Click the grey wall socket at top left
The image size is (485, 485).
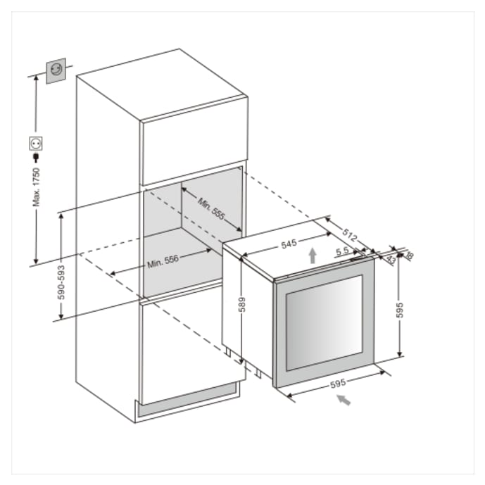[56, 71]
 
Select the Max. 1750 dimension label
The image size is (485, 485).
[36, 187]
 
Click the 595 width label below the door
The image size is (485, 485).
[337, 384]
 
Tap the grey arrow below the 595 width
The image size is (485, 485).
[342, 401]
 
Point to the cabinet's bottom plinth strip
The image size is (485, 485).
[190, 399]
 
